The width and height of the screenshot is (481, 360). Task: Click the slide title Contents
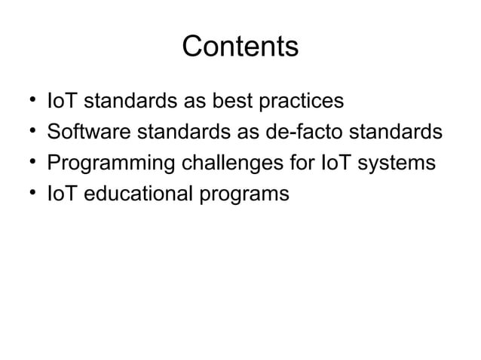coord(240,47)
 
